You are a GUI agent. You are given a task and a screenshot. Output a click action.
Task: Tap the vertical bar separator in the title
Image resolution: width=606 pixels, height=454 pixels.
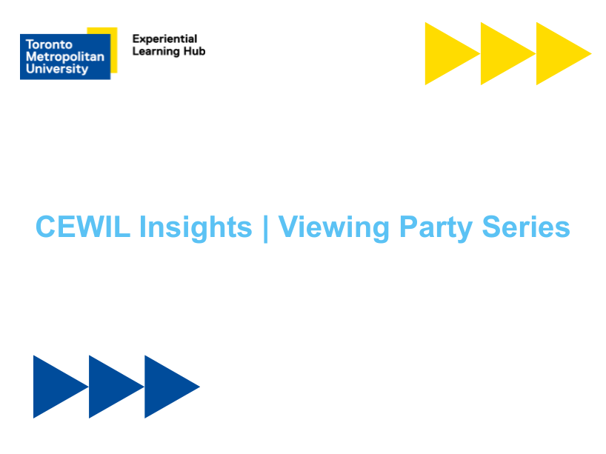click(265, 227)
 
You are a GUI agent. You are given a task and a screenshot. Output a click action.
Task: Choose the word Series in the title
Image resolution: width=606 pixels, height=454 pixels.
click(526, 227)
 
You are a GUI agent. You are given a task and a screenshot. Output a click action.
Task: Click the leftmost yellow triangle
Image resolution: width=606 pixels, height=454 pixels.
click(444, 53)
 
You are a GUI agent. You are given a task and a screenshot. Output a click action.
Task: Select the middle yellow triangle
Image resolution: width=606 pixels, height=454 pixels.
click(500, 53)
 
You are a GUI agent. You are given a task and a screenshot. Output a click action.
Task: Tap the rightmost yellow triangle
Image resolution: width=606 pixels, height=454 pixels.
click(556, 53)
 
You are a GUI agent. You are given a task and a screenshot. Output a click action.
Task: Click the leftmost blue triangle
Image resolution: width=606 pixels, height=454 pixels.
click(53, 387)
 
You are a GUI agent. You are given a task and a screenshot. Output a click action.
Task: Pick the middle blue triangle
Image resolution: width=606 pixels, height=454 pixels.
click(108, 387)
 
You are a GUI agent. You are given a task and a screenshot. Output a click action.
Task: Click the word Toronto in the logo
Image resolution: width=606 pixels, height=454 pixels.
click(49, 44)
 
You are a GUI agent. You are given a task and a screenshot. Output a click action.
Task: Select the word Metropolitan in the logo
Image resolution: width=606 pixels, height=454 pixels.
click(64, 57)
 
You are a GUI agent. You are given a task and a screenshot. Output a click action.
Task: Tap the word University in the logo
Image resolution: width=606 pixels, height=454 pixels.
click(56, 69)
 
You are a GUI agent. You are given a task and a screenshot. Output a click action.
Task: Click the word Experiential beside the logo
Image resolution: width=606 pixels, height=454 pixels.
click(164, 39)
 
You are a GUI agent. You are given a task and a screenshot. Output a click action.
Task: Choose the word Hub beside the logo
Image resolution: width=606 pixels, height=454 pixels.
click(195, 51)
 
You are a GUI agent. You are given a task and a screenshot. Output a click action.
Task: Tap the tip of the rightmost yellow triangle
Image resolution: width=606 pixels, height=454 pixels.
click(588, 53)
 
